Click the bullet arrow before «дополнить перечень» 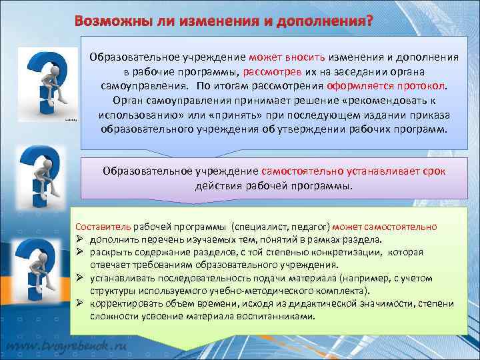(79, 239)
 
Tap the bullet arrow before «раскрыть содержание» (79, 253)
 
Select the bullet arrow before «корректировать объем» (79, 304)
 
